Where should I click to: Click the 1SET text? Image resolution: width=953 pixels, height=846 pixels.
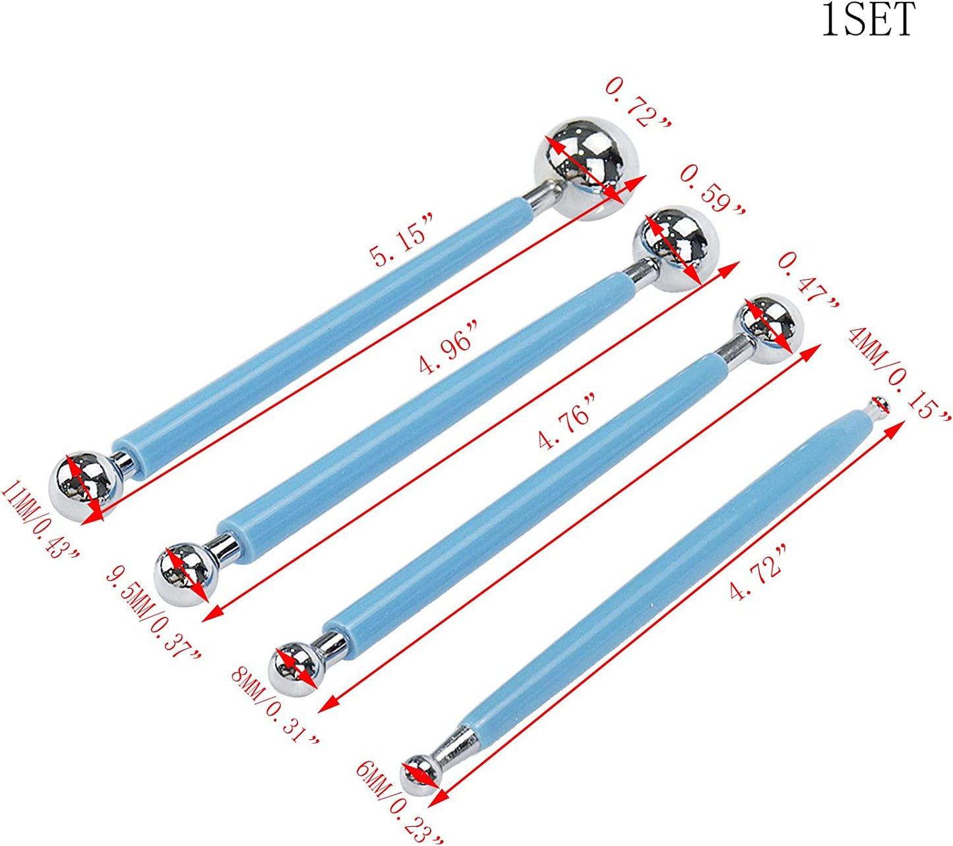pyautogui.click(x=869, y=19)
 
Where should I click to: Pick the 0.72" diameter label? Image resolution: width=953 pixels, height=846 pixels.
pyautogui.click(x=638, y=104)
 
